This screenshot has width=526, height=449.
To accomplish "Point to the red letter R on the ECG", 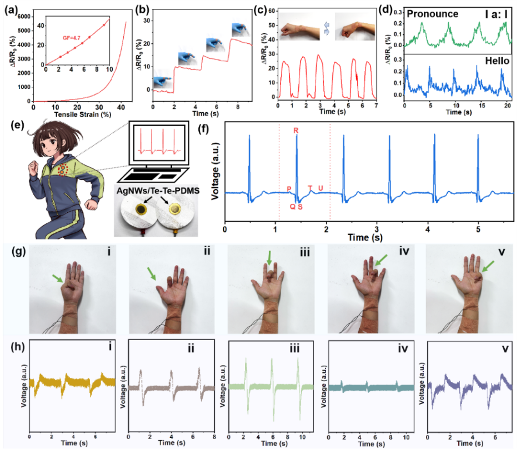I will (x=297, y=131).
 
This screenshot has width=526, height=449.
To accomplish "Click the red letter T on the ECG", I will (x=310, y=188).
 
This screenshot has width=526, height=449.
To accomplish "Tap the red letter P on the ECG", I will (x=289, y=188).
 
